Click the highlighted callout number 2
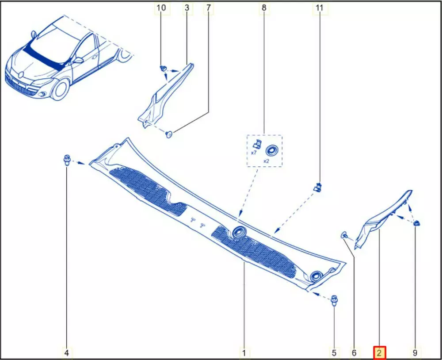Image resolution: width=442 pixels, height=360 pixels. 379,352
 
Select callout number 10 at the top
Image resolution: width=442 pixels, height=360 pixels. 161,8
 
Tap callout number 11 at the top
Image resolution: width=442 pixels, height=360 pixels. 320,8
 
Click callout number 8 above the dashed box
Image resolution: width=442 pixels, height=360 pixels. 264,8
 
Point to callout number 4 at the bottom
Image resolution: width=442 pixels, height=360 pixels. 67,352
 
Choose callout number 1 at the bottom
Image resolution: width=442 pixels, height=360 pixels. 244,352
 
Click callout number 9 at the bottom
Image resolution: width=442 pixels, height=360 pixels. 415,352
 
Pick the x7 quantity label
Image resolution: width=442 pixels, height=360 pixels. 254,153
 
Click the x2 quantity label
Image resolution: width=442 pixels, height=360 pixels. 267,161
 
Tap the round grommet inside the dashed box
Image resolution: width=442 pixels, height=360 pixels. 271,150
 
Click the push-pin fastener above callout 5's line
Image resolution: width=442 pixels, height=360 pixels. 334,301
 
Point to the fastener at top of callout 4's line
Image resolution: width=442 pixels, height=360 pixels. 67,160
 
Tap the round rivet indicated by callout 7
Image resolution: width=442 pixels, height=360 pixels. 169,134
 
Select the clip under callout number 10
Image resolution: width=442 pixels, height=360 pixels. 162,68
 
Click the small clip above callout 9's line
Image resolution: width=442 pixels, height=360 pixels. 416,223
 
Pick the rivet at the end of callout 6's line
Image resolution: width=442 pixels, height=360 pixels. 344,234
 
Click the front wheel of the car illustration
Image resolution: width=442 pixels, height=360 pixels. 60,90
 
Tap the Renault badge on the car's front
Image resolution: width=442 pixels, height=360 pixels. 21,74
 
